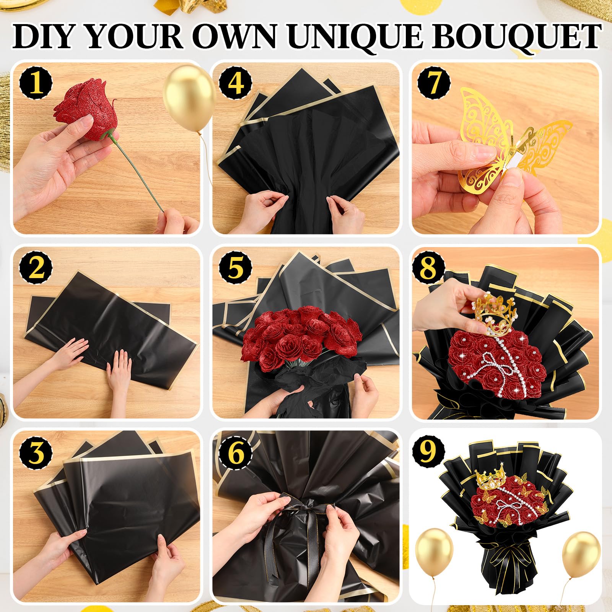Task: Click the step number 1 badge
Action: (x=36, y=83)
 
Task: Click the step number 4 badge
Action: (x=236, y=83)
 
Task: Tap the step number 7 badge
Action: (x=434, y=83)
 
